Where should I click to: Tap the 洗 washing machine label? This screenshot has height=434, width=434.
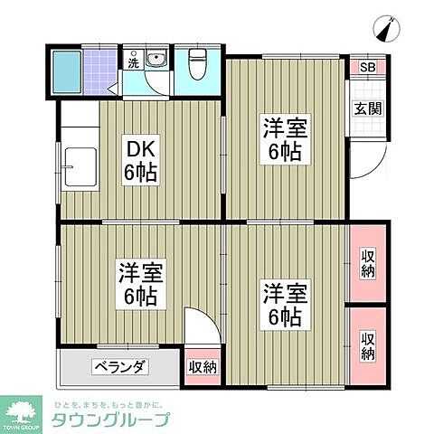point(133,64)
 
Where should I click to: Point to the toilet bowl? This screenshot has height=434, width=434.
point(197,65)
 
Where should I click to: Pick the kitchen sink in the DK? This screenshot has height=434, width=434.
point(79,165)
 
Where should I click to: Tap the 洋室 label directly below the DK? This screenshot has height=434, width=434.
point(139,282)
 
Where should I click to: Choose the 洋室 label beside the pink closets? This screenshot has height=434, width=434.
point(285,305)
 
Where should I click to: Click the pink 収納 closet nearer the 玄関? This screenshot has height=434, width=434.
point(368,262)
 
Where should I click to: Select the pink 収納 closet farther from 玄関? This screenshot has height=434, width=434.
point(368,344)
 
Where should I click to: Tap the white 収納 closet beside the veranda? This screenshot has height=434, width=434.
point(203,366)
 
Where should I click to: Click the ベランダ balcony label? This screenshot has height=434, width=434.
point(119,367)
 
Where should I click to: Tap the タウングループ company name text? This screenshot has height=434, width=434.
point(111,420)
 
